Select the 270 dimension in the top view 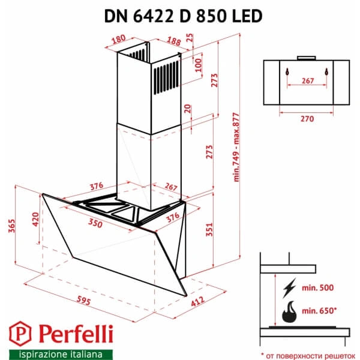click(x=307, y=119)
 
